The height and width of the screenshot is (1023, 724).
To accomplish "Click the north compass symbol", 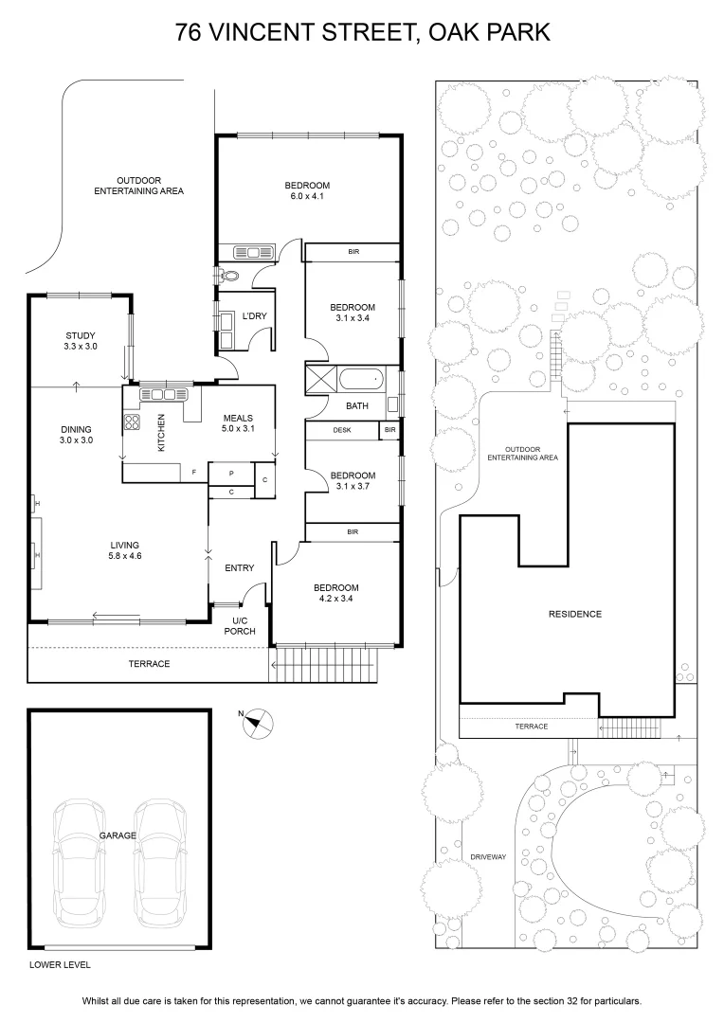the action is click(x=258, y=723).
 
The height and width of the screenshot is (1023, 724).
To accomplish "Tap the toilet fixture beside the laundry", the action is click(x=227, y=276).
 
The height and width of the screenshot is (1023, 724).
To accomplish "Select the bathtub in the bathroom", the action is click(x=361, y=378).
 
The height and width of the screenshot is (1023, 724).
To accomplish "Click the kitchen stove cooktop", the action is click(x=132, y=422).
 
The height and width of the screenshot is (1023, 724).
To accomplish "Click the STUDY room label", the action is click(x=81, y=336).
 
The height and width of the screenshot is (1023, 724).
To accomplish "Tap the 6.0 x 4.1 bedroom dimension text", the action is click(x=307, y=196).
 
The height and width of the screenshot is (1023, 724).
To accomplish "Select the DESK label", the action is click(x=342, y=431).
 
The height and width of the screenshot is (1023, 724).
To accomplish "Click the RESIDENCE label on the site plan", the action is click(x=575, y=614).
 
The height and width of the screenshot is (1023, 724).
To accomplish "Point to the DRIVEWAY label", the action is click(x=488, y=856).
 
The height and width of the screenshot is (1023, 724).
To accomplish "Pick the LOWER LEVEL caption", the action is click(x=60, y=965).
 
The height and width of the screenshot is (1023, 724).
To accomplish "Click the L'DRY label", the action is click(x=255, y=316).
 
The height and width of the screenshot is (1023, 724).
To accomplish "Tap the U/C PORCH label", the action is click(x=240, y=626).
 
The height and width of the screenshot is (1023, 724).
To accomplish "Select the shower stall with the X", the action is click(x=320, y=378).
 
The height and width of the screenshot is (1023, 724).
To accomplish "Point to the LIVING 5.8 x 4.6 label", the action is click(x=125, y=550).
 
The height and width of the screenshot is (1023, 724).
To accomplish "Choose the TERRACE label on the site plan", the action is click(x=532, y=727).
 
